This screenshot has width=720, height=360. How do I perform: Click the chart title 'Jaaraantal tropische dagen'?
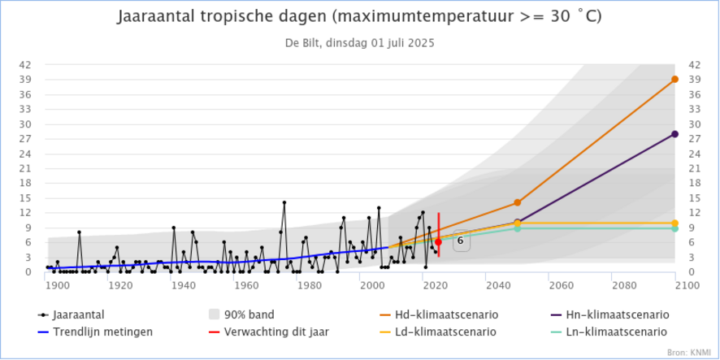[x=359, y=17]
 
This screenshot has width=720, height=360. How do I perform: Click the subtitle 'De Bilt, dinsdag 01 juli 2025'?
[x=359, y=44]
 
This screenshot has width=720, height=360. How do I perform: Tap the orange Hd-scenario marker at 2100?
[x=674, y=80]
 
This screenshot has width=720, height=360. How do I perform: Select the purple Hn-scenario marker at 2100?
[x=674, y=134]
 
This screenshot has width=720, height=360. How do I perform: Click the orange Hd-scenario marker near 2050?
[x=517, y=202]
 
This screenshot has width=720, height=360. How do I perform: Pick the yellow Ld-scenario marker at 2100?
[x=674, y=223]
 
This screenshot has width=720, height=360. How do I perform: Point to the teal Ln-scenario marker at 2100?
[x=674, y=228]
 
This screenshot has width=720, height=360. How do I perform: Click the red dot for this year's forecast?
[x=438, y=242]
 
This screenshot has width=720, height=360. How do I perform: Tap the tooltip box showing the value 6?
[x=460, y=241]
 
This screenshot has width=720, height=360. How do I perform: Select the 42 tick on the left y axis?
[x=26, y=65]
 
